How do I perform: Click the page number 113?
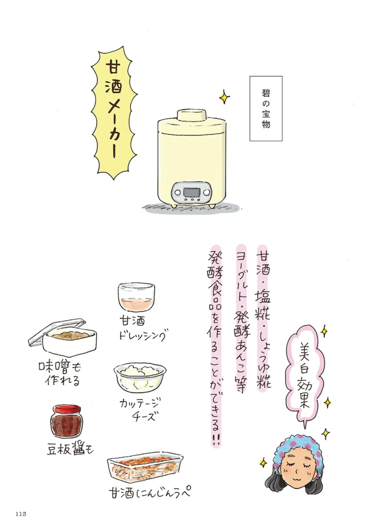[x=21, y=514]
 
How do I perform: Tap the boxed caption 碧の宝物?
[x=266, y=109]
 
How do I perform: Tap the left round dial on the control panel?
[x=178, y=192]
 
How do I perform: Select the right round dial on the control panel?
[x=206, y=192]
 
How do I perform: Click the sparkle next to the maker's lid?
[x=224, y=97]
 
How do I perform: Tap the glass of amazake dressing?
[x=136, y=297]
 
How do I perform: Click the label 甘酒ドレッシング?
[x=142, y=328]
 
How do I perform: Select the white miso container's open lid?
[x=57, y=331]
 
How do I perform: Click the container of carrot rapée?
[x=145, y=469]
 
